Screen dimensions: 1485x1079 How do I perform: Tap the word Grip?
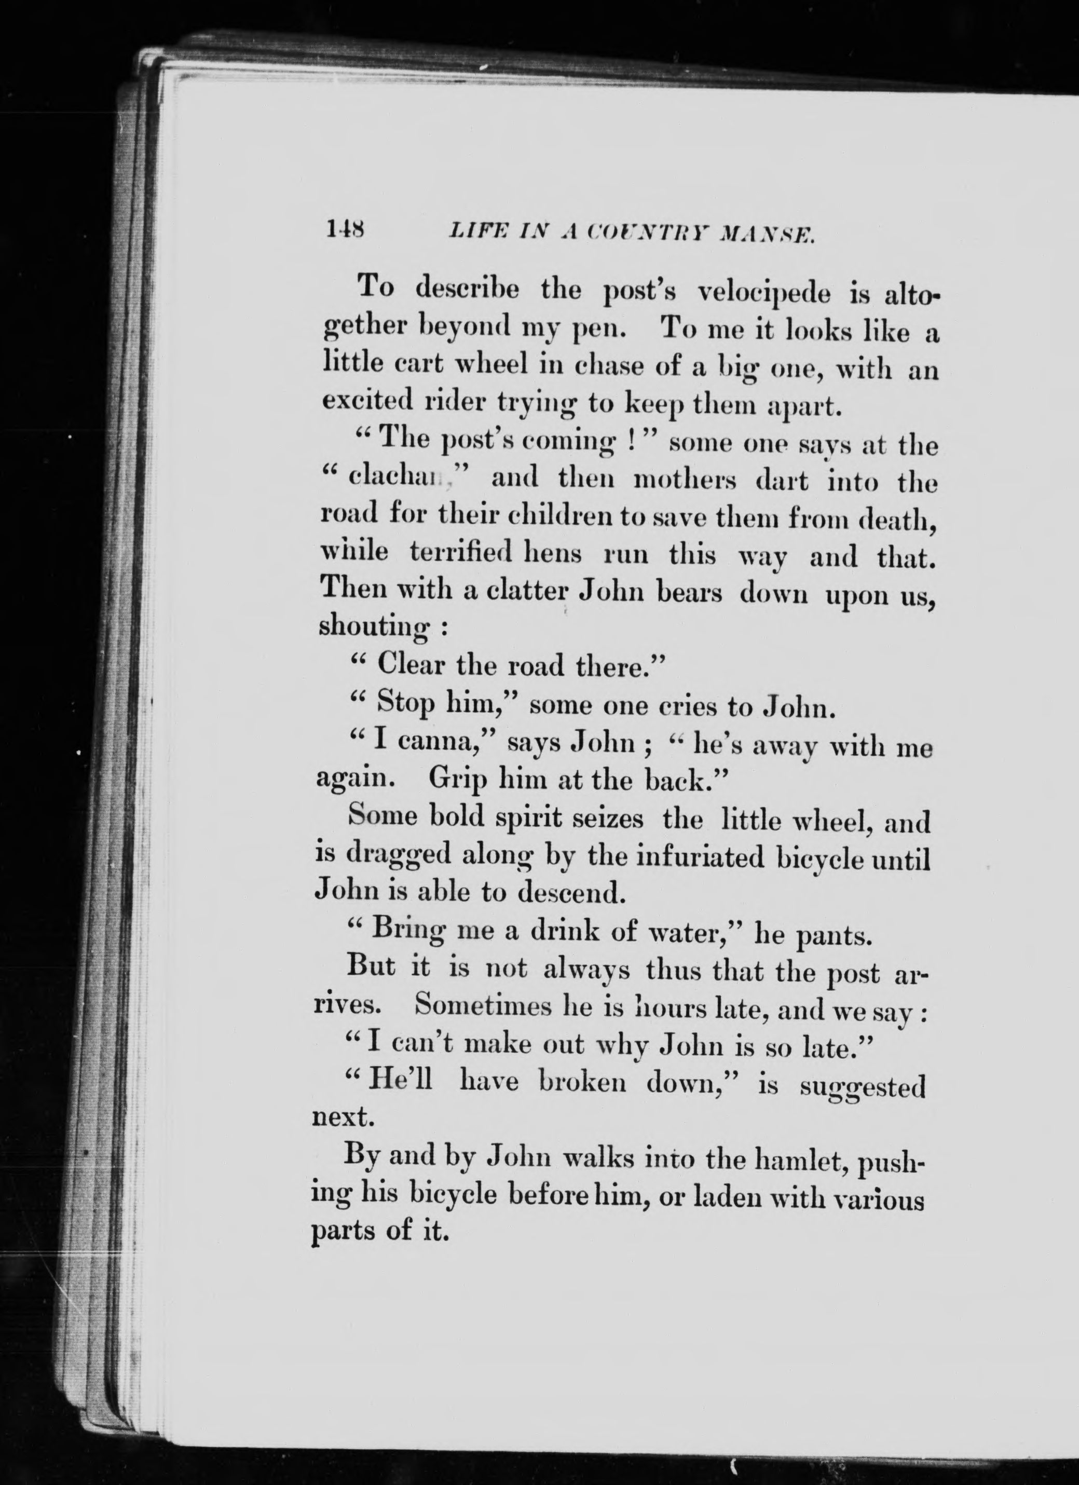[x=457, y=779]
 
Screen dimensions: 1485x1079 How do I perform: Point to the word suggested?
[x=863, y=1087]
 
